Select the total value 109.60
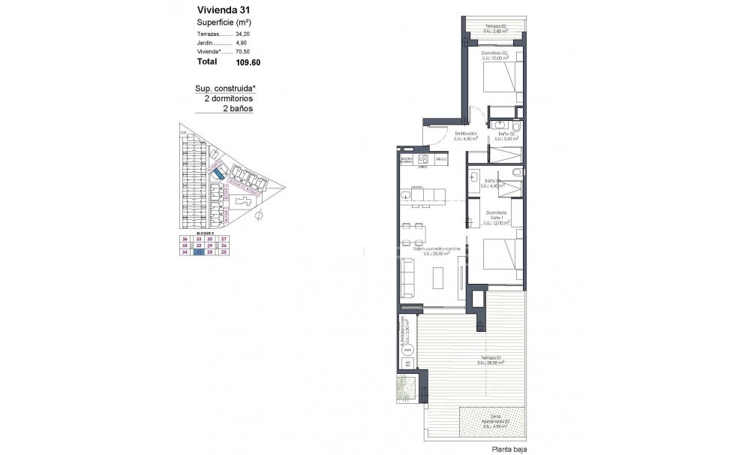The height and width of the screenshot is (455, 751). pyautogui.click(x=247, y=62)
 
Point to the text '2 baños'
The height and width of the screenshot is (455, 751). pyautogui.click(x=238, y=108)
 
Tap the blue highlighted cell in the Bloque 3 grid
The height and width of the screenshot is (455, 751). pyautogui.click(x=198, y=252)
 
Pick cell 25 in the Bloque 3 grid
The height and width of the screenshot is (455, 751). pyautogui.click(x=224, y=252)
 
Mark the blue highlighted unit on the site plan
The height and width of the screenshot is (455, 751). pyautogui.click(x=218, y=173)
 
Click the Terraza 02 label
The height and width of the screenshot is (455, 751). pyautogui.click(x=497, y=27)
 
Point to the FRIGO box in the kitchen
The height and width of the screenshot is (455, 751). pyautogui.click(x=441, y=159)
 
